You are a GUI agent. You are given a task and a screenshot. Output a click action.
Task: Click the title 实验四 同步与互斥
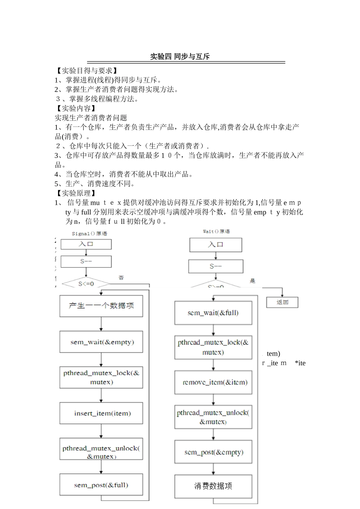pos(180,57)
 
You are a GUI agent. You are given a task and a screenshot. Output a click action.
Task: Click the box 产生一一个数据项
pos(101,306)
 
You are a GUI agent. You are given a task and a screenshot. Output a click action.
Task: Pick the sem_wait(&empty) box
pos(101,342)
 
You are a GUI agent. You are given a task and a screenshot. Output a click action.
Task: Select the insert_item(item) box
pos(101,413)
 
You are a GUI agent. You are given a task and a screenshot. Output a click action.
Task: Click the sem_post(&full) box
pos(101,485)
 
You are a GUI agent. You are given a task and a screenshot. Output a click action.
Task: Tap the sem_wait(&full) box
pos(213,313)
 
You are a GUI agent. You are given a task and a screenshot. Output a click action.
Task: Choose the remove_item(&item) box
pos(213,383)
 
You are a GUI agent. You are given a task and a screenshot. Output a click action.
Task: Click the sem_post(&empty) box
pos(213,452)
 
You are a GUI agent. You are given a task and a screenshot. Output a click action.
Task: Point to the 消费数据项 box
pos(213,486)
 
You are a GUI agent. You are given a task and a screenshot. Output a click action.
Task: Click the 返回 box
pos(282,302)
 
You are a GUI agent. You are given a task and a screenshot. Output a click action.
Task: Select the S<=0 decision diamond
pos(86,284)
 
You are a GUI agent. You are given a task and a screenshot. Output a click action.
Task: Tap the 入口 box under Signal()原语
pos(86,244)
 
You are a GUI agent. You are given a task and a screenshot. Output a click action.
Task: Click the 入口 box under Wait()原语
pos(216,245)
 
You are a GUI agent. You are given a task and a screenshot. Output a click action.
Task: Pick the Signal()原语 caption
pos(89,234)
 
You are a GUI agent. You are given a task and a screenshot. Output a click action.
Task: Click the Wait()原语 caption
pos(216,231)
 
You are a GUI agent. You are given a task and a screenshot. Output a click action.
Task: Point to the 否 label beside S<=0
pos(121,278)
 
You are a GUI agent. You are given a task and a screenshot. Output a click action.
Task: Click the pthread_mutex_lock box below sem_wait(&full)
pos(213,347)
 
